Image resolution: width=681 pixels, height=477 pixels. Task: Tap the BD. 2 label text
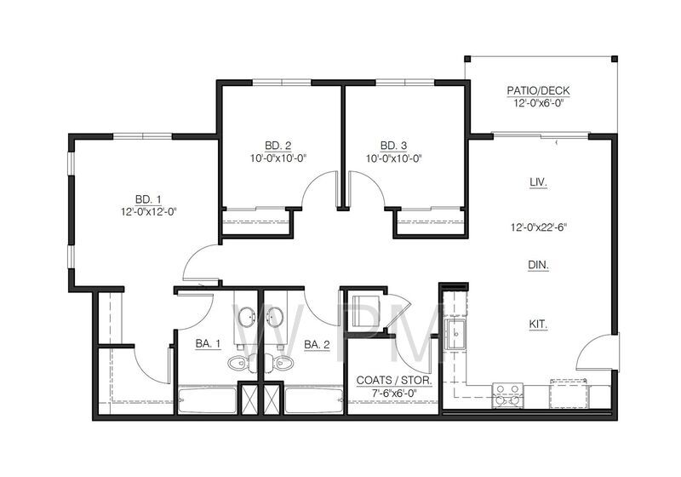click(278, 145)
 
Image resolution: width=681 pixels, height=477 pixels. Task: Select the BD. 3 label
click(393, 145)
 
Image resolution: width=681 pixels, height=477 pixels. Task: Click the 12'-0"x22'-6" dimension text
click(538, 227)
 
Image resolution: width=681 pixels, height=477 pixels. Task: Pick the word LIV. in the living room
click(537, 182)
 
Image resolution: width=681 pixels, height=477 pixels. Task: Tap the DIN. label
click(538, 266)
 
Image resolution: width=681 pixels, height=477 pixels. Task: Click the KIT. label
click(537, 325)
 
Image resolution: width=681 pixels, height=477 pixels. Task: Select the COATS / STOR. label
click(393, 382)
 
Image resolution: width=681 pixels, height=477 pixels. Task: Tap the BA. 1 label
click(209, 344)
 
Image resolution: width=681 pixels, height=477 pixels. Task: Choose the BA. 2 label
click(317, 344)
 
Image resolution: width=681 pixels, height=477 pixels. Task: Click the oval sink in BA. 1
click(247, 318)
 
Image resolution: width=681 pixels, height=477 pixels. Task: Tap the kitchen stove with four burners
click(508, 394)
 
